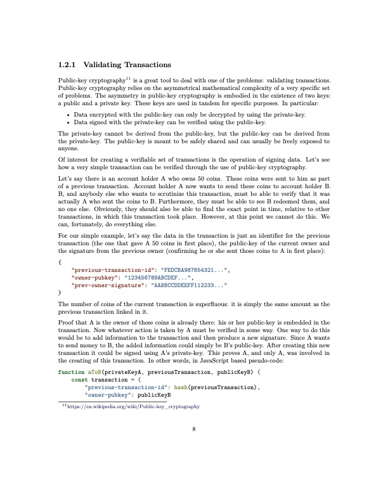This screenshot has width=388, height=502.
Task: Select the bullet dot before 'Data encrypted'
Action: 68,114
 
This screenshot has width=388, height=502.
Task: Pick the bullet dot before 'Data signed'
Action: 68,122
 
